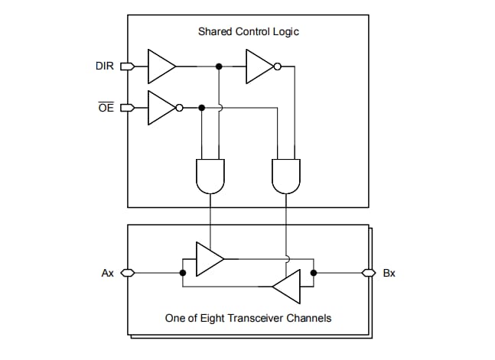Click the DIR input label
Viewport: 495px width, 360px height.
click(105, 66)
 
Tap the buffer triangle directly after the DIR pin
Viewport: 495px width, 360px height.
click(160, 66)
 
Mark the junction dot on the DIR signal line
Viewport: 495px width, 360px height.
click(220, 66)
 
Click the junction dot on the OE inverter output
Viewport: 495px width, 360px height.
click(201, 108)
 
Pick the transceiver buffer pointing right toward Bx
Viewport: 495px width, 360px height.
click(208, 258)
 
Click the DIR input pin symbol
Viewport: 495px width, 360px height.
click(127, 66)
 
